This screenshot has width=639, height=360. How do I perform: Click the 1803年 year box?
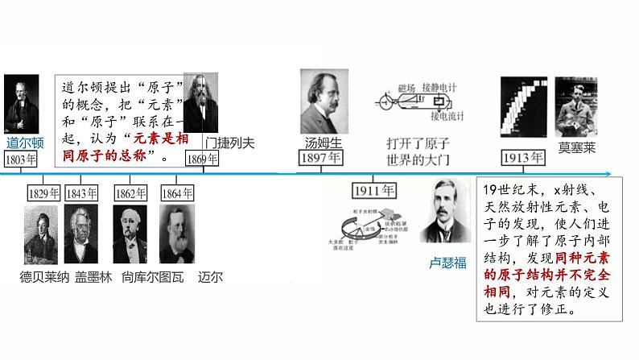[x=21, y=159]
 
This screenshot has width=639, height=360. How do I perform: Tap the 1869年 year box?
[x=202, y=159]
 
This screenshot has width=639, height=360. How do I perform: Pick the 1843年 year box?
[x=81, y=193]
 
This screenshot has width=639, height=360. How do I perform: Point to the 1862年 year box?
[x=131, y=193]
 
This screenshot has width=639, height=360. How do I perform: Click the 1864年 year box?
[x=177, y=193]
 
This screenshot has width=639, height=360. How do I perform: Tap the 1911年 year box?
[x=374, y=192]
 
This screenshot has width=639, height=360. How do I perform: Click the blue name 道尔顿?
[x=25, y=143]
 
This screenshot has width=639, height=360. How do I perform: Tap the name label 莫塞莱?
[x=576, y=147]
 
